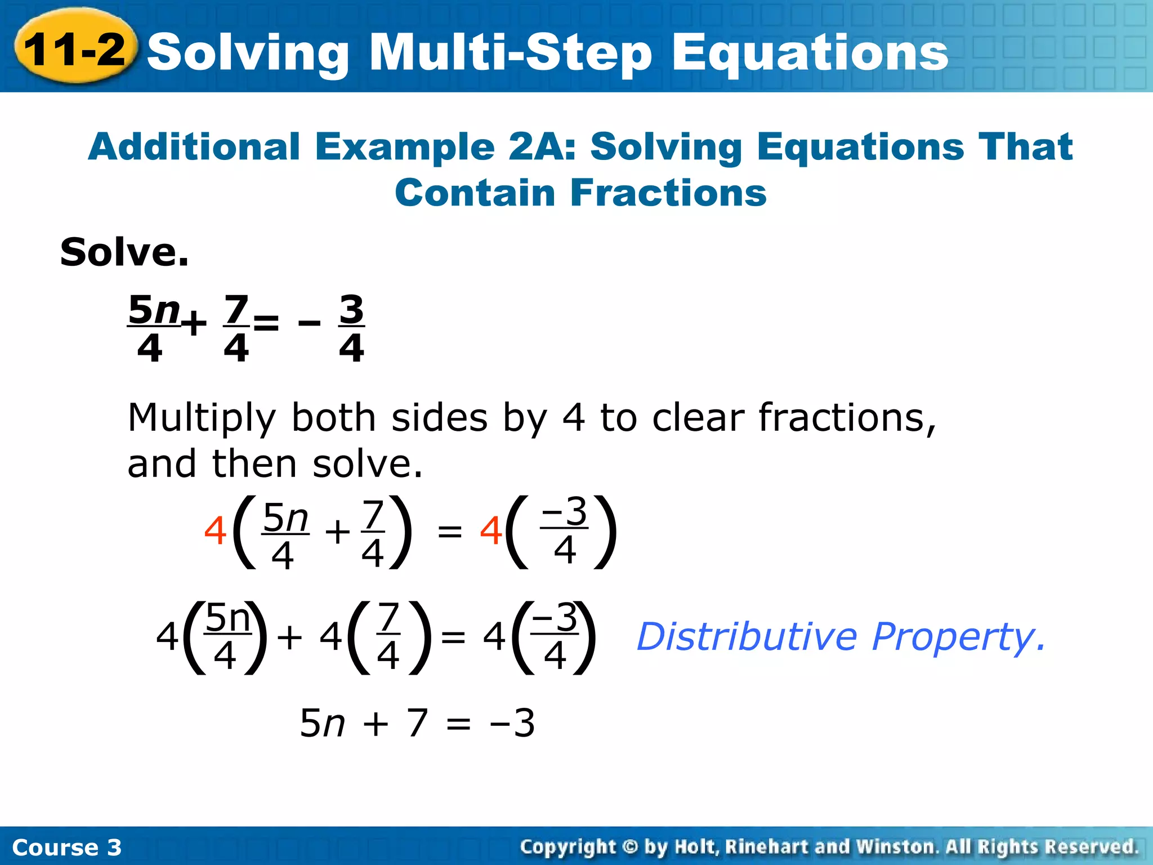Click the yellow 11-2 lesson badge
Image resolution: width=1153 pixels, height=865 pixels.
click(74, 50)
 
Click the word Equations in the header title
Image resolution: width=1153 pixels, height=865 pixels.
click(810, 53)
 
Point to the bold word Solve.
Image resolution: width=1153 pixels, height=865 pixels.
click(124, 252)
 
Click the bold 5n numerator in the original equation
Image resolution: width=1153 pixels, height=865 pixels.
click(154, 310)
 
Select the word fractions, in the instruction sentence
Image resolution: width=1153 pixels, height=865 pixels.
click(847, 418)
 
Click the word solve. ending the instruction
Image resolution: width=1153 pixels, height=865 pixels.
click(367, 465)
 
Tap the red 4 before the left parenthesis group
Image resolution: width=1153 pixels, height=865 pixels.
click(215, 531)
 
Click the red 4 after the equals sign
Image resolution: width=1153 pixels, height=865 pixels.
click(491, 531)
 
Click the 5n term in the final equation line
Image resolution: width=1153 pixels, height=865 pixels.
click(322, 723)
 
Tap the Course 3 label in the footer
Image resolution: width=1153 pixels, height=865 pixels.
click(66, 848)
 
